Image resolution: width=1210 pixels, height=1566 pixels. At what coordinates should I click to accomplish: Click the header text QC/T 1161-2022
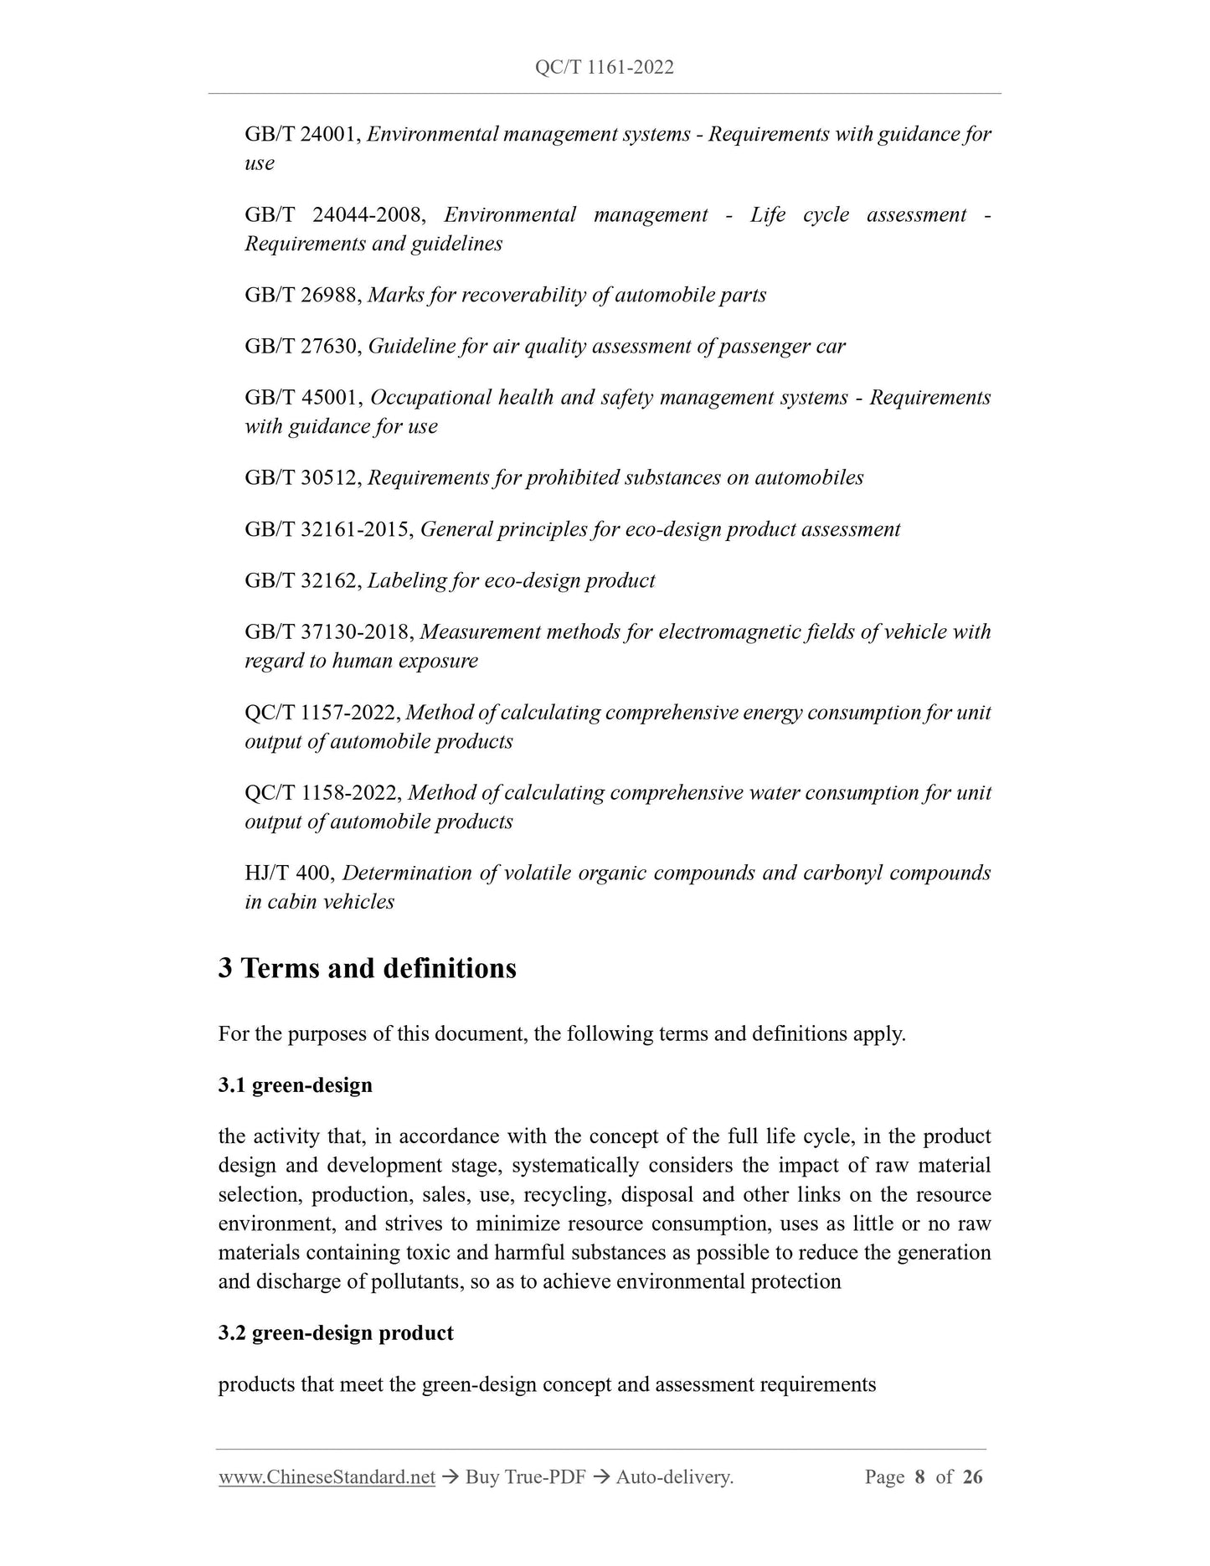[604, 68]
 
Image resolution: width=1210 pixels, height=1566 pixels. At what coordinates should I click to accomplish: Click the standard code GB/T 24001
[301, 134]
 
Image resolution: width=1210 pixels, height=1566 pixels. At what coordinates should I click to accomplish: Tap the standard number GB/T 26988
[301, 295]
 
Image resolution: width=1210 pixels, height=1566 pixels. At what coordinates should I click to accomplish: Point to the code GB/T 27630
[301, 346]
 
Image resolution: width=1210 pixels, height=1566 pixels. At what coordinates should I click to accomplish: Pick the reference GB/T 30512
[301, 477]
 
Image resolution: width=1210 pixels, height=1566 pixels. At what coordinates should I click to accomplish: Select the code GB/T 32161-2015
[327, 529]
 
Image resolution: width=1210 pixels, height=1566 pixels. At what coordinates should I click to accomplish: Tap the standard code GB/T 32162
[301, 580]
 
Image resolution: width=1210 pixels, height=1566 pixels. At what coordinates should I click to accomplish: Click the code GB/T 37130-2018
[327, 632]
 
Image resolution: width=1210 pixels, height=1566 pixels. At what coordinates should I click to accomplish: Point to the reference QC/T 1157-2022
[322, 713]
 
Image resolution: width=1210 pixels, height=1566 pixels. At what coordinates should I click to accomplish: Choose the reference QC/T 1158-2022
[322, 792]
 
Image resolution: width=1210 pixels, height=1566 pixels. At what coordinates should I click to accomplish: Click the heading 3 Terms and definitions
[367, 968]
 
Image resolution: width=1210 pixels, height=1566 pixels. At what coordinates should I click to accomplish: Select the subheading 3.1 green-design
[295, 1085]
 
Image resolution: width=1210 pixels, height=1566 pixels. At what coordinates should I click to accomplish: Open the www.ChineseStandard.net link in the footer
[327, 1477]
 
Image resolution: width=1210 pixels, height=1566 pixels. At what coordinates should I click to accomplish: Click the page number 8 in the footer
[919, 1477]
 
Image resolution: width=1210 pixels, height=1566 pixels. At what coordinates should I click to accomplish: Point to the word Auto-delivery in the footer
[674, 1477]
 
